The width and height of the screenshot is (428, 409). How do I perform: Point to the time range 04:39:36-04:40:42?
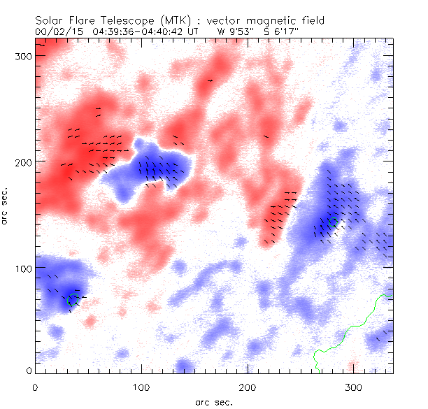click(x=134, y=31)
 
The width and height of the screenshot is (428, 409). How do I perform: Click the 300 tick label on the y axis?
click(x=19, y=56)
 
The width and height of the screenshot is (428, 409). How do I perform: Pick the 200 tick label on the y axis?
click(x=19, y=162)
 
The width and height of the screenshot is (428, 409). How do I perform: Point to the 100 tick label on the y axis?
click(x=19, y=268)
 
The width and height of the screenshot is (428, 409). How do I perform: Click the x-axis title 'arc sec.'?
click(x=213, y=401)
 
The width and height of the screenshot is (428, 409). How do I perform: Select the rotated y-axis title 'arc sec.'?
click(x=6, y=206)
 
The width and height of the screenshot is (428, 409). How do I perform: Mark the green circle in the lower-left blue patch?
click(x=72, y=299)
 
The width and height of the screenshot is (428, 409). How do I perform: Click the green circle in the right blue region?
click(x=333, y=223)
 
